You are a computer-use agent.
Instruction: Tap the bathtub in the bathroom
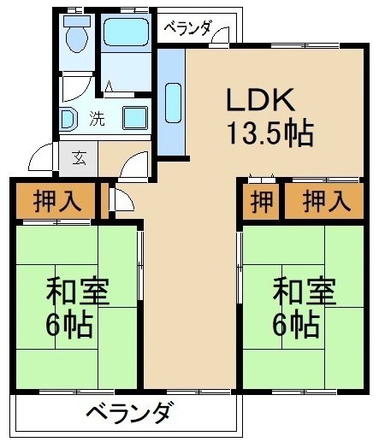127,35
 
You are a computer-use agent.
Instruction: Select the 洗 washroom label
98,119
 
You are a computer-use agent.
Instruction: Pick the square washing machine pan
134,118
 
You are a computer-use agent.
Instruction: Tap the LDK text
260,100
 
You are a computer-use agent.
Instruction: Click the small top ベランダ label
187,28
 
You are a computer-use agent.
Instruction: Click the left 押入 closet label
57,202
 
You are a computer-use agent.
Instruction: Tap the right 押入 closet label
326,203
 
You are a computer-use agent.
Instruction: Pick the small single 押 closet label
259,203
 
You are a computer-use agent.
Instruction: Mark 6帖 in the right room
297,325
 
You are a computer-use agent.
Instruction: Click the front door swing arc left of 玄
40,158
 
